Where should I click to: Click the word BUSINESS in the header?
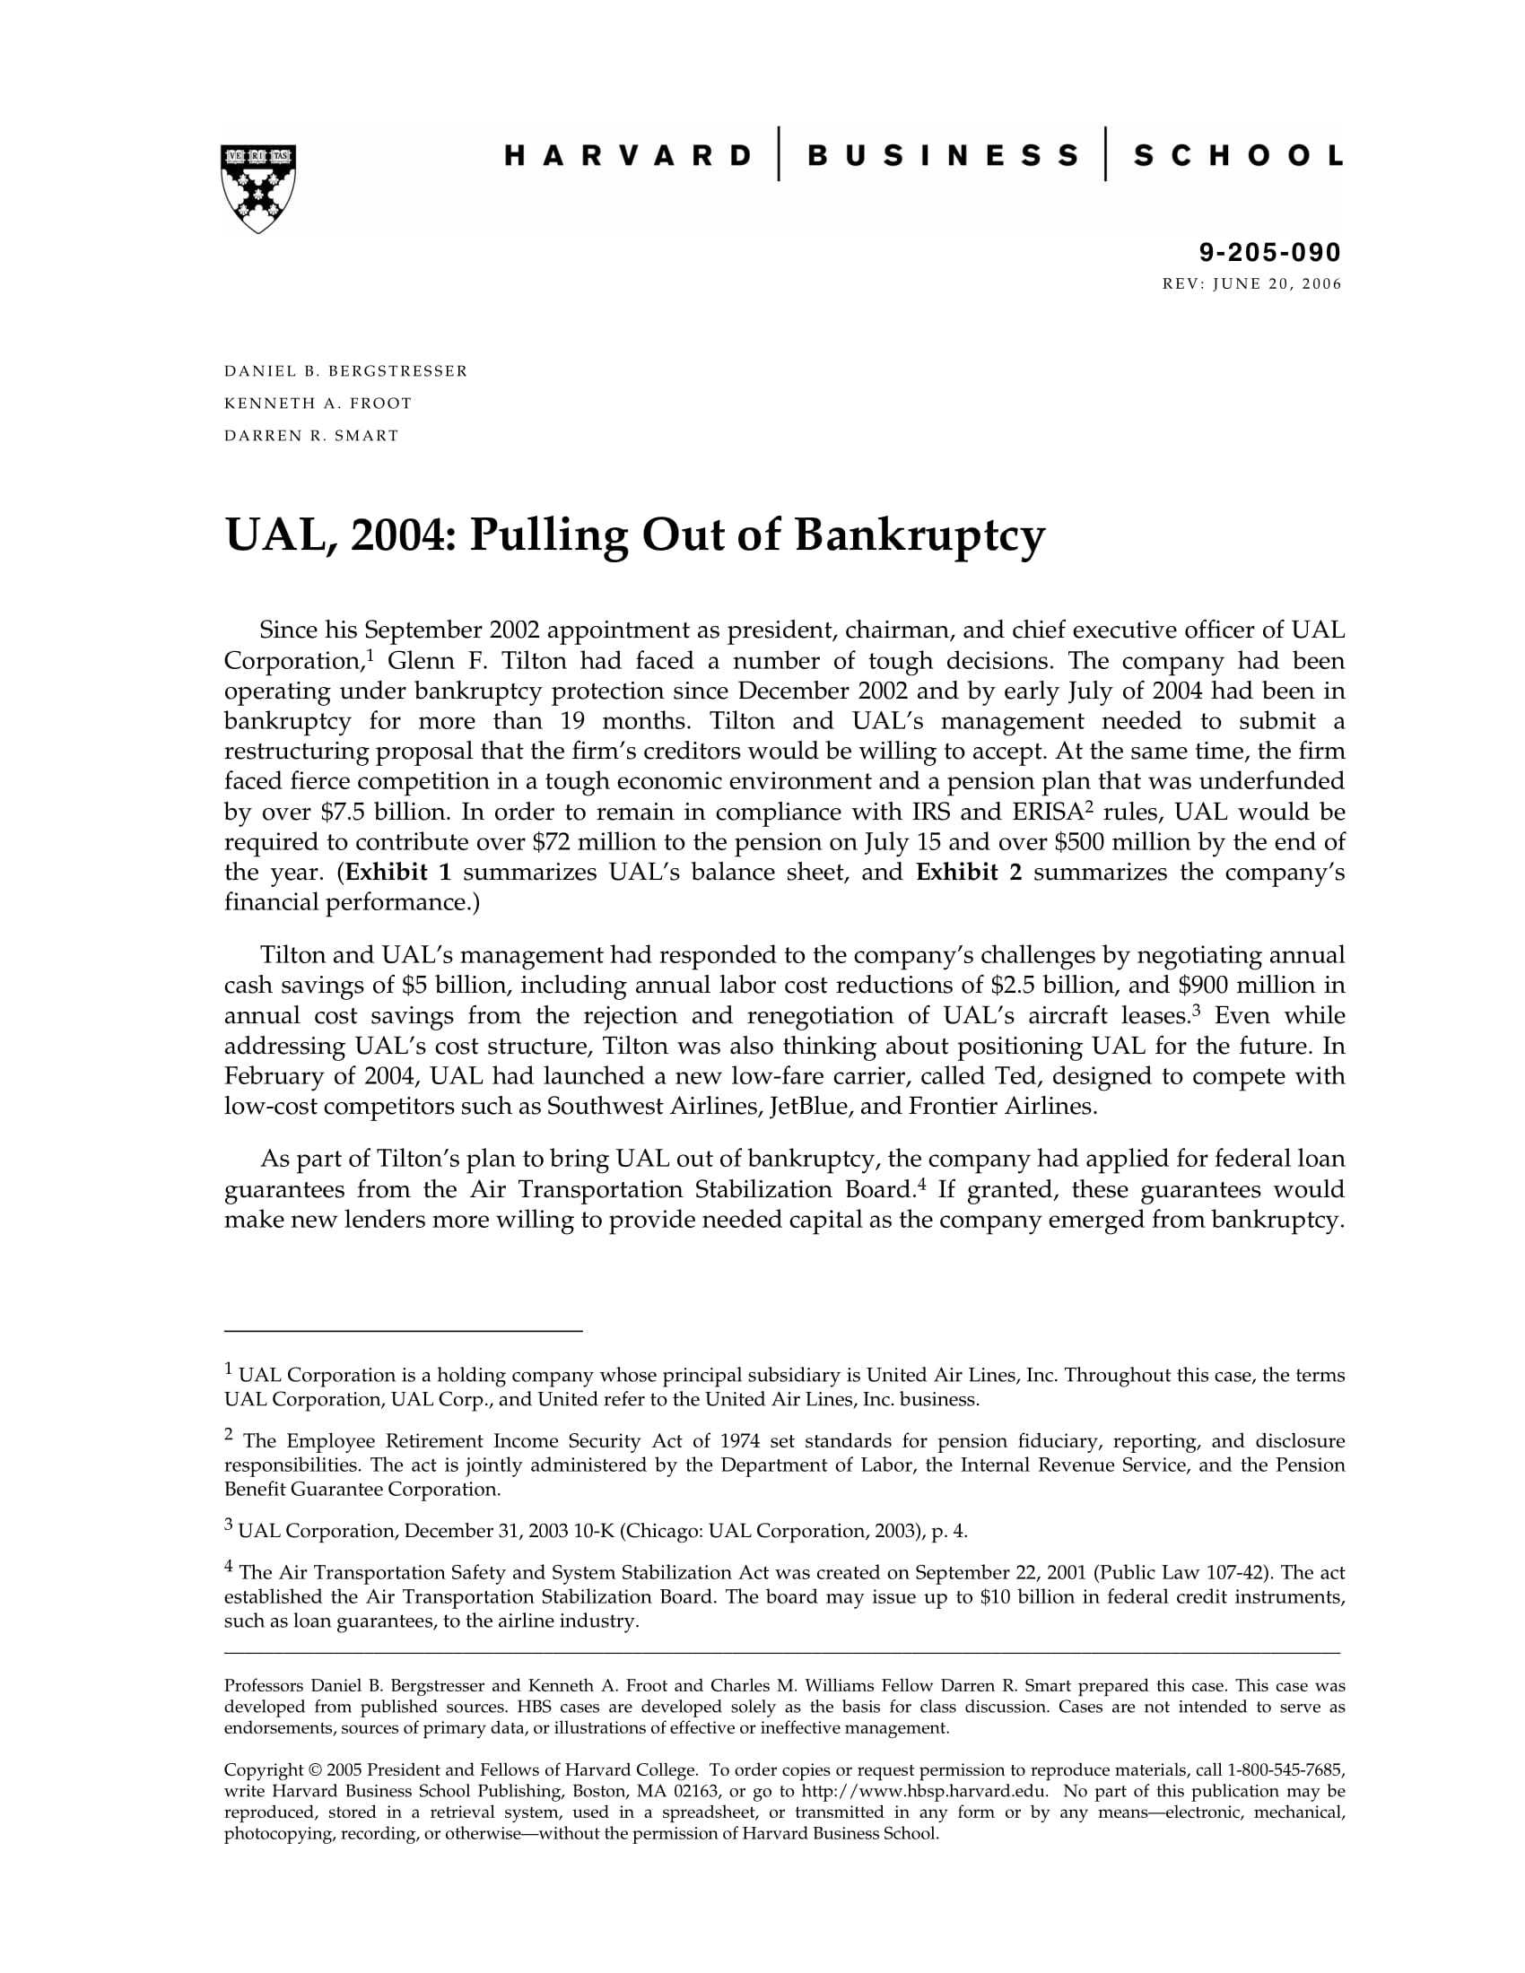tap(942, 155)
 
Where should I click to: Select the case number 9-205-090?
tap(1270, 252)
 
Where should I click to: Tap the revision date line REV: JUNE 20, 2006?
tap(1251, 284)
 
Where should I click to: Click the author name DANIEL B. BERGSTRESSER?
tap(346, 371)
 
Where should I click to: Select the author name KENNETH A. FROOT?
tap(318, 404)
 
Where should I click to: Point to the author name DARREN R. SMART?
tap(311, 437)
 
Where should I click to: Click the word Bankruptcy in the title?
tap(919, 535)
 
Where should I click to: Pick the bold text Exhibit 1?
tap(398, 873)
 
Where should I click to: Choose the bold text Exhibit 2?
tap(969, 873)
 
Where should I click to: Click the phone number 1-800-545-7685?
tap(1285, 1769)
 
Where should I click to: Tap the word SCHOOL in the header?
tap(1238, 155)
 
